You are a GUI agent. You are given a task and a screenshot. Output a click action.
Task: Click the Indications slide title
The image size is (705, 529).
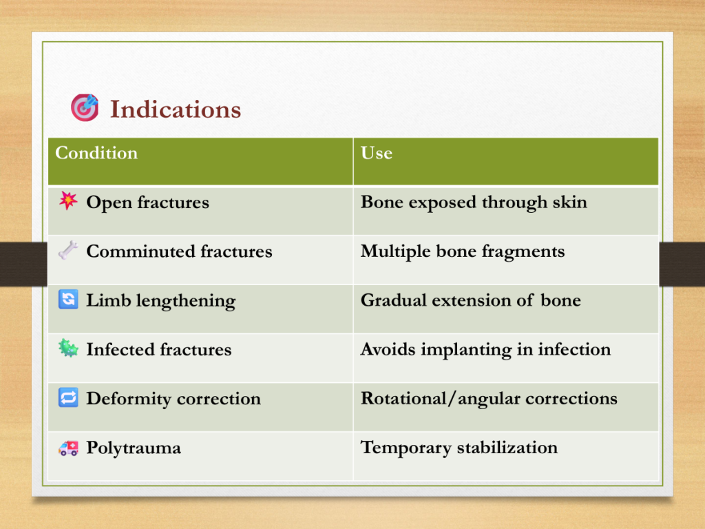pyautogui.click(x=176, y=110)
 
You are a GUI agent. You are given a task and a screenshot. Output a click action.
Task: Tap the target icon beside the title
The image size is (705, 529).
pyautogui.click(x=85, y=107)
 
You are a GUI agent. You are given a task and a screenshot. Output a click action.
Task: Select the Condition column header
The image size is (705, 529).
pyautogui.click(x=96, y=153)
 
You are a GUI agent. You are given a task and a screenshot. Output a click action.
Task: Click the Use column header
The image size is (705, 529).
pyautogui.click(x=377, y=153)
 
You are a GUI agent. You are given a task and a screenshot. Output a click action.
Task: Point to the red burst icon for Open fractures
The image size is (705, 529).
pyautogui.click(x=68, y=200)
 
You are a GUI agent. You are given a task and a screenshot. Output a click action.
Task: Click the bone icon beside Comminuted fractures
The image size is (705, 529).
pyautogui.click(x=68, y=250)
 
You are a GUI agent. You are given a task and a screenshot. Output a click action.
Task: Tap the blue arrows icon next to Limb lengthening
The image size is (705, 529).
pyautogui.click(x=68, y=299)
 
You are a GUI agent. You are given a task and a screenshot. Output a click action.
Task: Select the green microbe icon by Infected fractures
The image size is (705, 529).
pyautogui.click(x=68, y=348)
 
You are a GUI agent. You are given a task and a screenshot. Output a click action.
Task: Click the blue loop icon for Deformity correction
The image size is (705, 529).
pyautogui.click(x=68, y=397)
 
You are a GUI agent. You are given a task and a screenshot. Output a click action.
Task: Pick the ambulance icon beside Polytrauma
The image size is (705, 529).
pyautogui.click(x=68, y=448)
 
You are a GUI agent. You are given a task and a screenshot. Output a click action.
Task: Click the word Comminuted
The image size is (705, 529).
pyautogui.click(x=140, y=251)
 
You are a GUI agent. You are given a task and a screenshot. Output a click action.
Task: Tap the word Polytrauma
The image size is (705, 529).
pyautogui.click(x=134, y=448)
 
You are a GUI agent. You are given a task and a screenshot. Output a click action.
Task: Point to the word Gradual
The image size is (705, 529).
pyautogui.click(x=393, y=300)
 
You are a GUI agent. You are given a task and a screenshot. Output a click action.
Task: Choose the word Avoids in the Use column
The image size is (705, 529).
pyautogui.click(x=388, y=349)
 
